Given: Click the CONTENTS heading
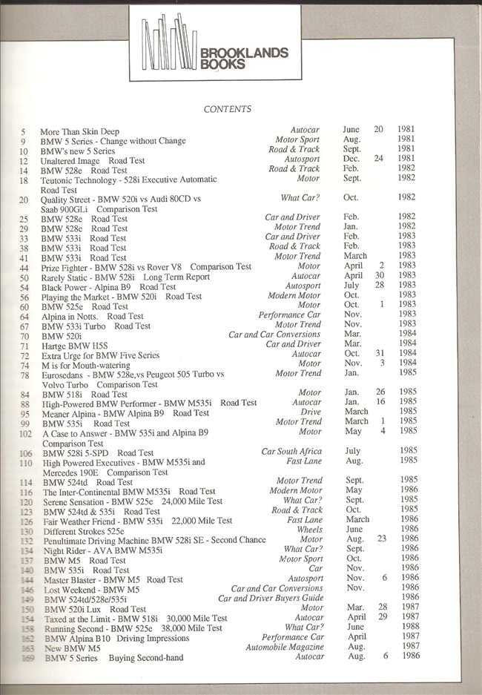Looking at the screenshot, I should coord(228,109).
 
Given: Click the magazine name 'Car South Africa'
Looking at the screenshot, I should coord(291,451).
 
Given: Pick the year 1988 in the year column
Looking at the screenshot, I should coord(406,628).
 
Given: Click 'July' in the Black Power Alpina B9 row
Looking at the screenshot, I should coord(351,286).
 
